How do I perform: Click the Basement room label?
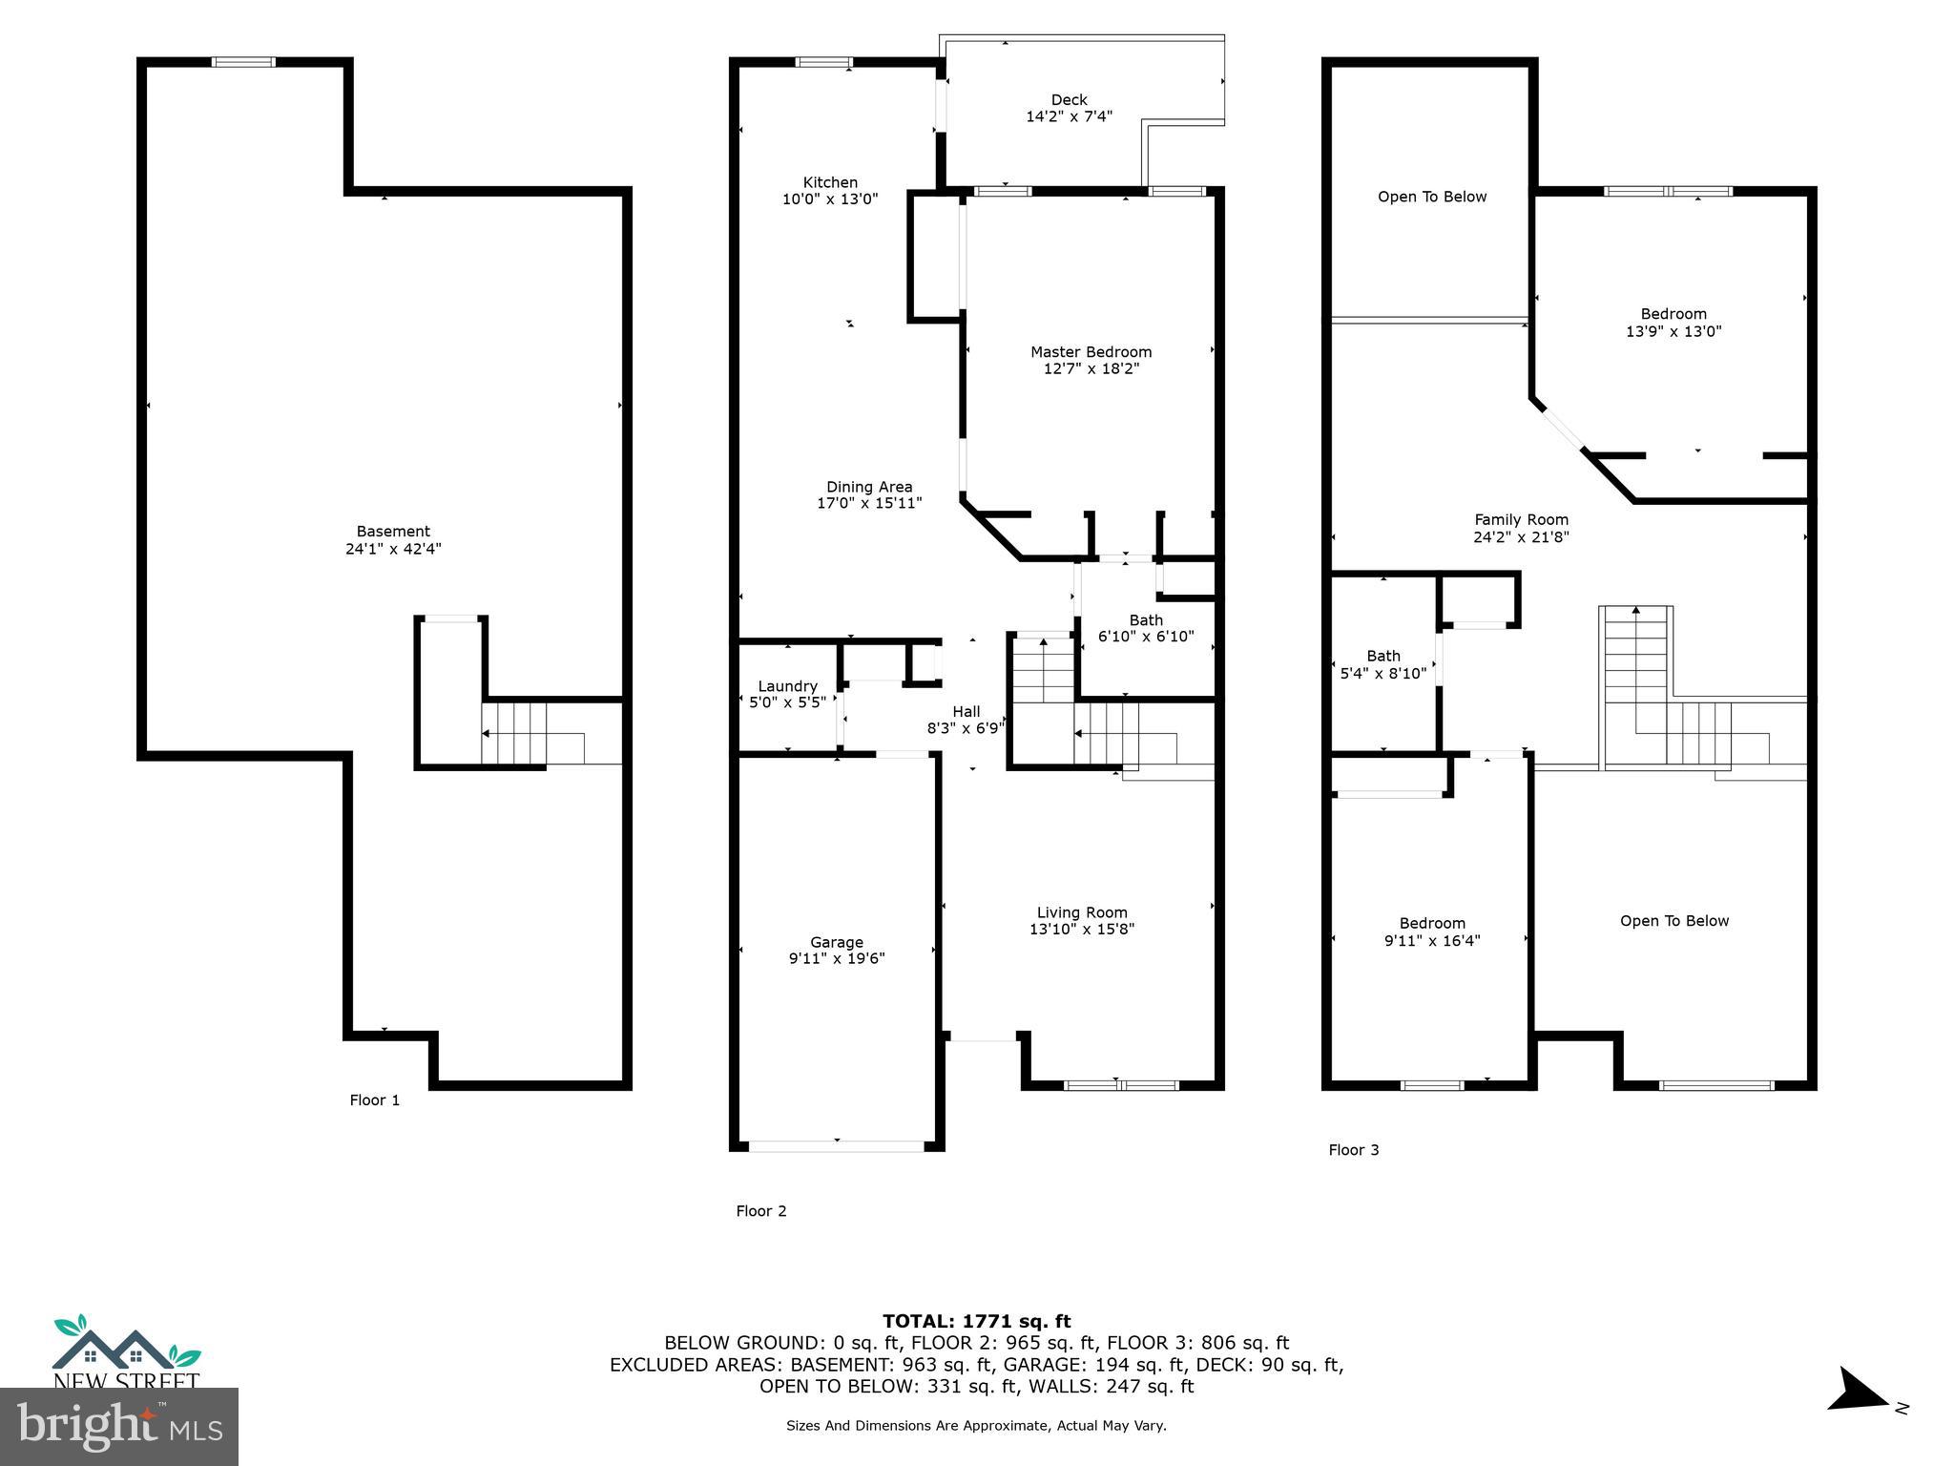pyautogui.click(x=393, y=532)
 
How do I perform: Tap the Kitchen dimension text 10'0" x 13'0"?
pyautogui.click(x=830, y=199)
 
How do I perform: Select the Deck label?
pyautogui.click(x=1069, y=100)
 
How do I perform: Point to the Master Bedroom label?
pyautogui.click(x=1091, y=352)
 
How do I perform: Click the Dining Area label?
pyautogui.click(x=869, y=487)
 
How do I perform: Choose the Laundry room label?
pyautogui.click(x=787, y=686)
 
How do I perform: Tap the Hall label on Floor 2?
pyautogui.click(x=966, y=711)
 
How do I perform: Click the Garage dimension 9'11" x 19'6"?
pyautogui.click(x=837, y=958)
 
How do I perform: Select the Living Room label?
pyautogui.click(x=1082, y=912)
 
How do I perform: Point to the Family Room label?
pyautogui.click(x=1521, y=520)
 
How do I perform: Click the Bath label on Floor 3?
pyautogui.click(x=1383, y=656)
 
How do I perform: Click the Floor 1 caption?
pyautogui.click(x=375, y=1100)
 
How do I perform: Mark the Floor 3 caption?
pyautogui.click(x=1354, y=1150)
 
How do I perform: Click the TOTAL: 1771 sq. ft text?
pyautogui.click(x=976, y=1321)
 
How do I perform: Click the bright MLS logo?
pyautogui.click(x=118, y=1426)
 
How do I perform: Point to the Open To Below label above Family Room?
pyautogui.click(x=1432, y=197)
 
